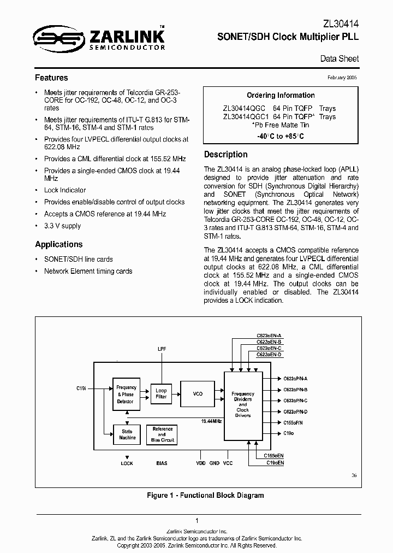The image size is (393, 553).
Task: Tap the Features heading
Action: tap(51, 78)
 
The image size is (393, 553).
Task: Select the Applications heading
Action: tap(59, 244)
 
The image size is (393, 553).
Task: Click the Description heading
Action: tap(226, 154)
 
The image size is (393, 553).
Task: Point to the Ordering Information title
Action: tap(281, 95)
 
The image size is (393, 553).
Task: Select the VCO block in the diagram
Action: tap(198, 393)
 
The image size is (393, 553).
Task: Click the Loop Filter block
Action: tap(162, 393)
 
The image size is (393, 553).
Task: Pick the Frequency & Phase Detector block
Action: tap(126, 394)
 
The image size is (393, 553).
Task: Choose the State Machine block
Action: tap(127, 434)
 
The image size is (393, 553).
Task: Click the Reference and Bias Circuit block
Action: tap(162, 434)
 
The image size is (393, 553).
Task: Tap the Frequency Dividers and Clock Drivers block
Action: tap(243, 404)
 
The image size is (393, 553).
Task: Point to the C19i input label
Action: tap(81, 388)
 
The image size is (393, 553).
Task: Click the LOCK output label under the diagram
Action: tap(127, 463)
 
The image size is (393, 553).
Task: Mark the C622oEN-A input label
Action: tap(269, 335)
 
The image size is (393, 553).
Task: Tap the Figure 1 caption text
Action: tap(205, 495)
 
